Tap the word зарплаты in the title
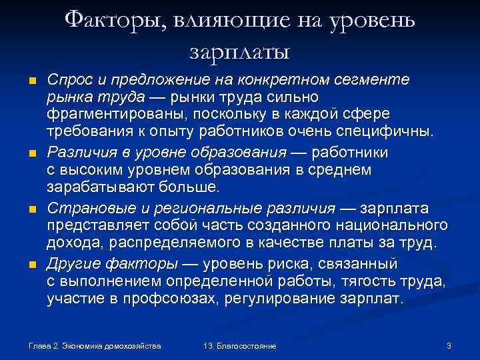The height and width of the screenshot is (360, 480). (240, 50)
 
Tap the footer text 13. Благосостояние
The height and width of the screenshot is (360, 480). (240, 346)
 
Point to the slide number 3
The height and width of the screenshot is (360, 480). (449, 345)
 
